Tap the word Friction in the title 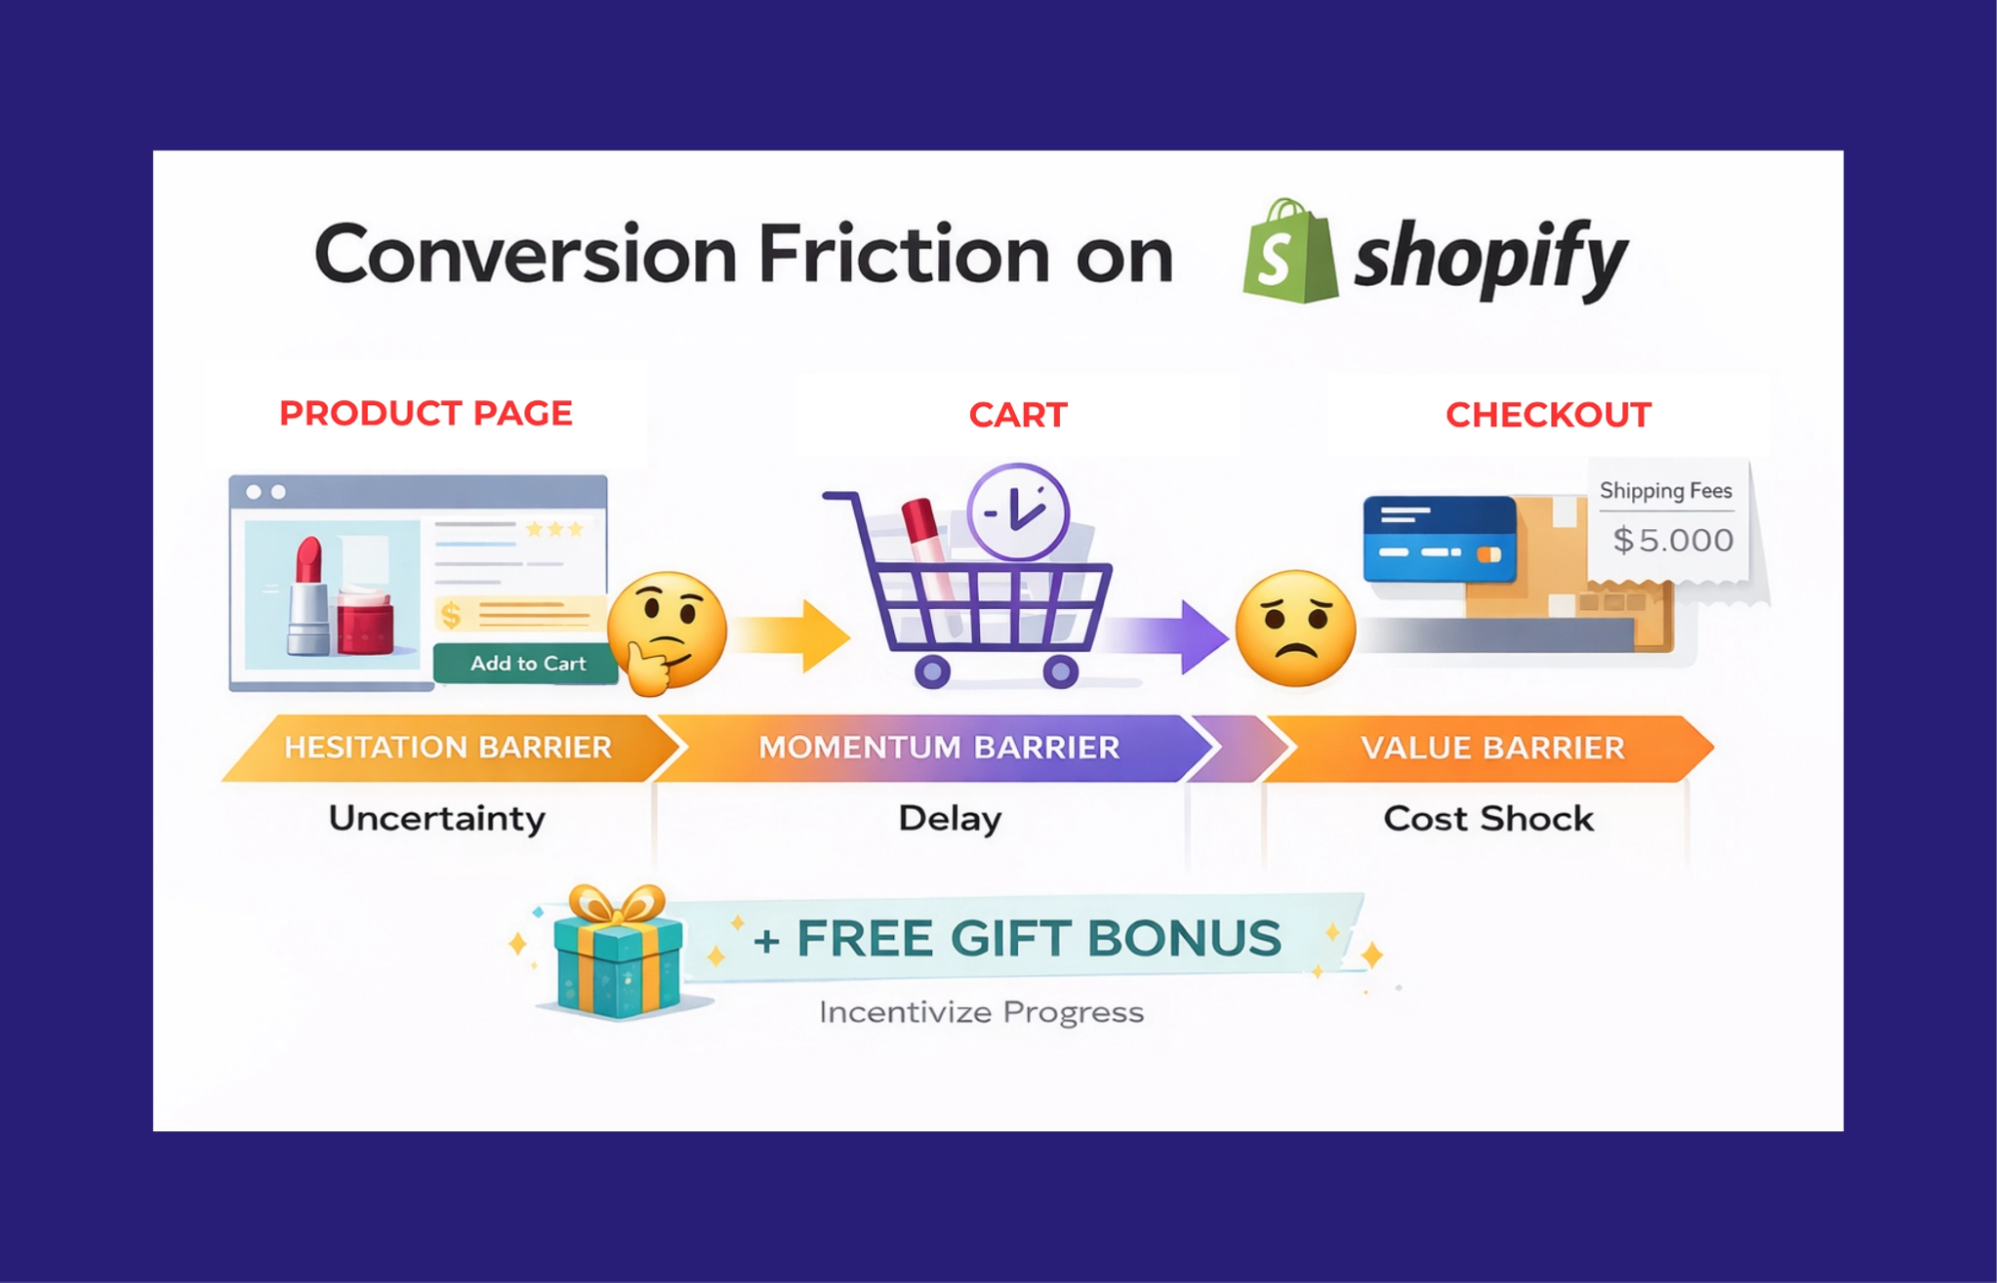click(903, 255)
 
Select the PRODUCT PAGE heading click(426, 413)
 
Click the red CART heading click(1018, 415)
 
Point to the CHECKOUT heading click(1547, 415)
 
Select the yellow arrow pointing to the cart click(795, 635)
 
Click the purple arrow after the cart click(1169, 636)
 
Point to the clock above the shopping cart click(1018, 512)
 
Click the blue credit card click(1439, 538)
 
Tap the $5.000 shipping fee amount click(1673, 540)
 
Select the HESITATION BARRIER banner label click(448, 748)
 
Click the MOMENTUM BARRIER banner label click(938, 748)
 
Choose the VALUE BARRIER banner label click(1493, 748)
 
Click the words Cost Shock click(1488, 819)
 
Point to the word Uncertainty click(437, 819)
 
